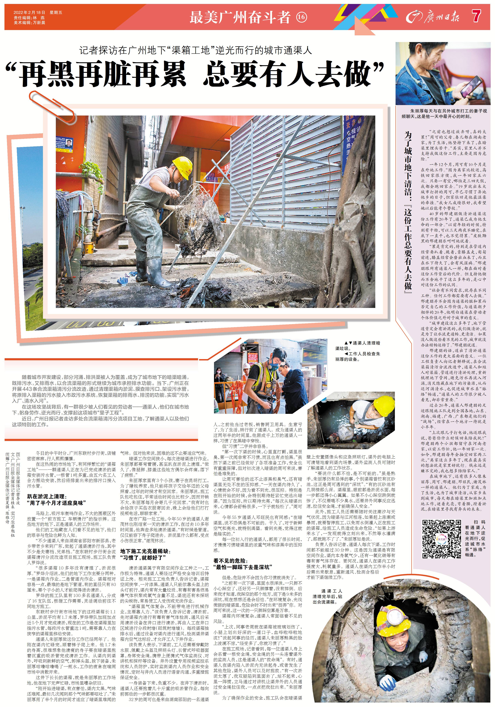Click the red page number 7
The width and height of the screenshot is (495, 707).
point(476,16)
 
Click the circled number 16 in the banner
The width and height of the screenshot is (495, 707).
point(301,17)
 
